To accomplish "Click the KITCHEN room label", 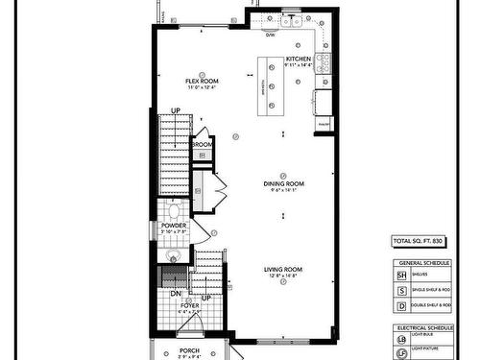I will pyautogui.click(x=299, y=60).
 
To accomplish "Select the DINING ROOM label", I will pyautogui.click(x=284, y=183).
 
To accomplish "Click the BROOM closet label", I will pyautogui.click(x=203, y=146).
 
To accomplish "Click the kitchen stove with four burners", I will pyautogui.click(x=324, y=63).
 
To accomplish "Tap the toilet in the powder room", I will pyautogui.click(x=174, y=210).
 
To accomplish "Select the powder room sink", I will pyautogui.click(x=173, y=254).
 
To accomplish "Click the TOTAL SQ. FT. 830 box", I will pyautogui.click(x=418, y=240).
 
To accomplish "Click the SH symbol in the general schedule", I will pyautogui.click(x=401, y=274).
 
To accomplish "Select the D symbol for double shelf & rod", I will pyautogui.click(x=401, y=305).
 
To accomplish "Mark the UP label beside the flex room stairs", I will pyautogui.click(x=176, y=111).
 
